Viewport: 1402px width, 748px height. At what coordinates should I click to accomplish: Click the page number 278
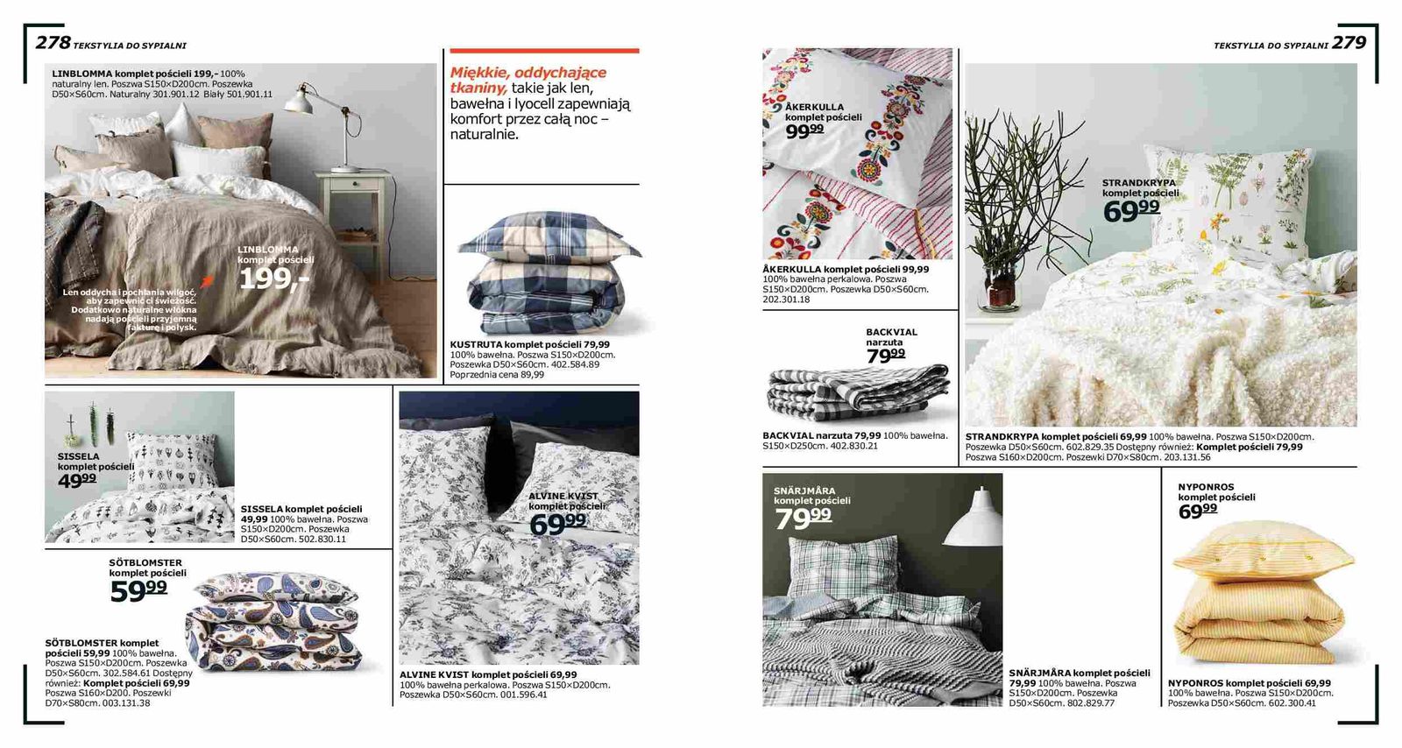pos(53,42)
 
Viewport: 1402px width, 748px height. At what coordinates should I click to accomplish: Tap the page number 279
pos(1349,42)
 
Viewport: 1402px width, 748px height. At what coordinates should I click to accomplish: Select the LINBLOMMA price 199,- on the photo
pos(273,279)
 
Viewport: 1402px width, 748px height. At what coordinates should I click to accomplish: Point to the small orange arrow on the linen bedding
pos(207,280)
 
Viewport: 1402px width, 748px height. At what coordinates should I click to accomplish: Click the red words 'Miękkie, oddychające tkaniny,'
pos(528,80)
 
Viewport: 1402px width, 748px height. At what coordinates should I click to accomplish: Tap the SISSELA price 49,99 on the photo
pos(77,480)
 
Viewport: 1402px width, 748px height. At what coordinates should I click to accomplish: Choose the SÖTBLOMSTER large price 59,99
pos(138,591)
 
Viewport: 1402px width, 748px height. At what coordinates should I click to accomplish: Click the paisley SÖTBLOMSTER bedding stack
pos(273,625)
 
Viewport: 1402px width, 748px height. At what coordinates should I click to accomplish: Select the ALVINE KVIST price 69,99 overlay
pos(557,523)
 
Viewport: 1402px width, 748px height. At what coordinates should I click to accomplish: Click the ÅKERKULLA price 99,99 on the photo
pos(804,131)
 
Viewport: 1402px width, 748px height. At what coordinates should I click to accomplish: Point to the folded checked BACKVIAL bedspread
pos(856,392)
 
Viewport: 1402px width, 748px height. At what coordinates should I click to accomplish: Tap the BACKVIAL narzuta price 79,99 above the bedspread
pos(885,356)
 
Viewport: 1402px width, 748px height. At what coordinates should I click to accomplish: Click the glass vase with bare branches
pos(1000,287)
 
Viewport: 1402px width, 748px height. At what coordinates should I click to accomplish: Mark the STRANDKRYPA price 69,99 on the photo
pos(1131,210)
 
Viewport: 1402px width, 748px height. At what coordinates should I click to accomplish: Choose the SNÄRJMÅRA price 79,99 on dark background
pos(803,518)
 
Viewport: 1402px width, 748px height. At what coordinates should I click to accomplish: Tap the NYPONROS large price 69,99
pos(1197,511)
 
